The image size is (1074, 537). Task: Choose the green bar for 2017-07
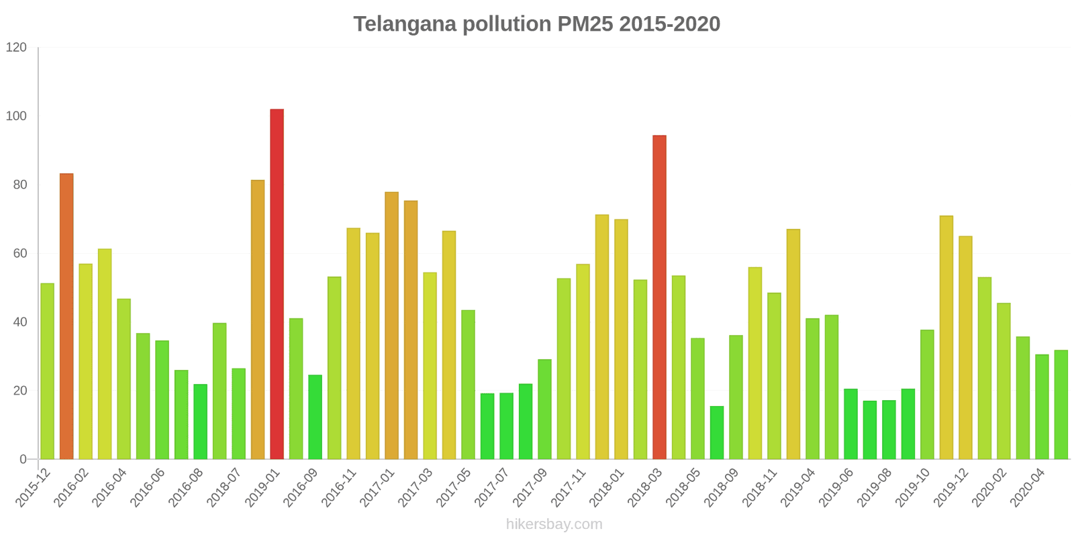coord(506,426)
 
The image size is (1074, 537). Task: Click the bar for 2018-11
coord(774,376)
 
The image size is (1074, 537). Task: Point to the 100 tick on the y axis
coord(16,116)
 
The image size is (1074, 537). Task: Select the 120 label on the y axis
coord(16,48)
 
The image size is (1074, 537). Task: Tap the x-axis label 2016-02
coord(71,488)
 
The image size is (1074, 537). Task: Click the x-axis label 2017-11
coord(569,488)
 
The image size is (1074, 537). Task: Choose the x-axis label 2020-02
coord(989,488)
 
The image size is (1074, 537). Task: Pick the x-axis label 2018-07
coord(224,488)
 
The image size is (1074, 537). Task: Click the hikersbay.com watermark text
coord(554,524)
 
